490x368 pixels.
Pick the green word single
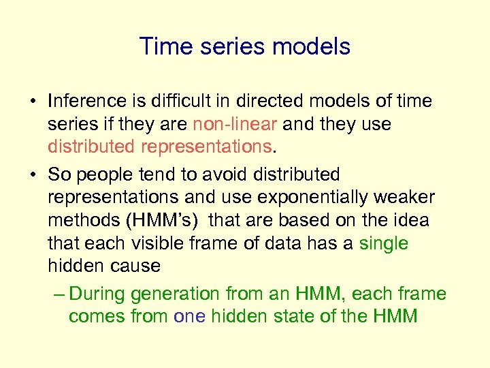click(383, 243)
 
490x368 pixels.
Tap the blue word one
click(189, 317)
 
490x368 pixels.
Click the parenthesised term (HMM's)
click(163, 221)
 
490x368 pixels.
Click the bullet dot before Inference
click(32, 102)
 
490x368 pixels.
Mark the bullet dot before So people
click(32, 175)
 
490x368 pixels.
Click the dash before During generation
click(59, 294)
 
